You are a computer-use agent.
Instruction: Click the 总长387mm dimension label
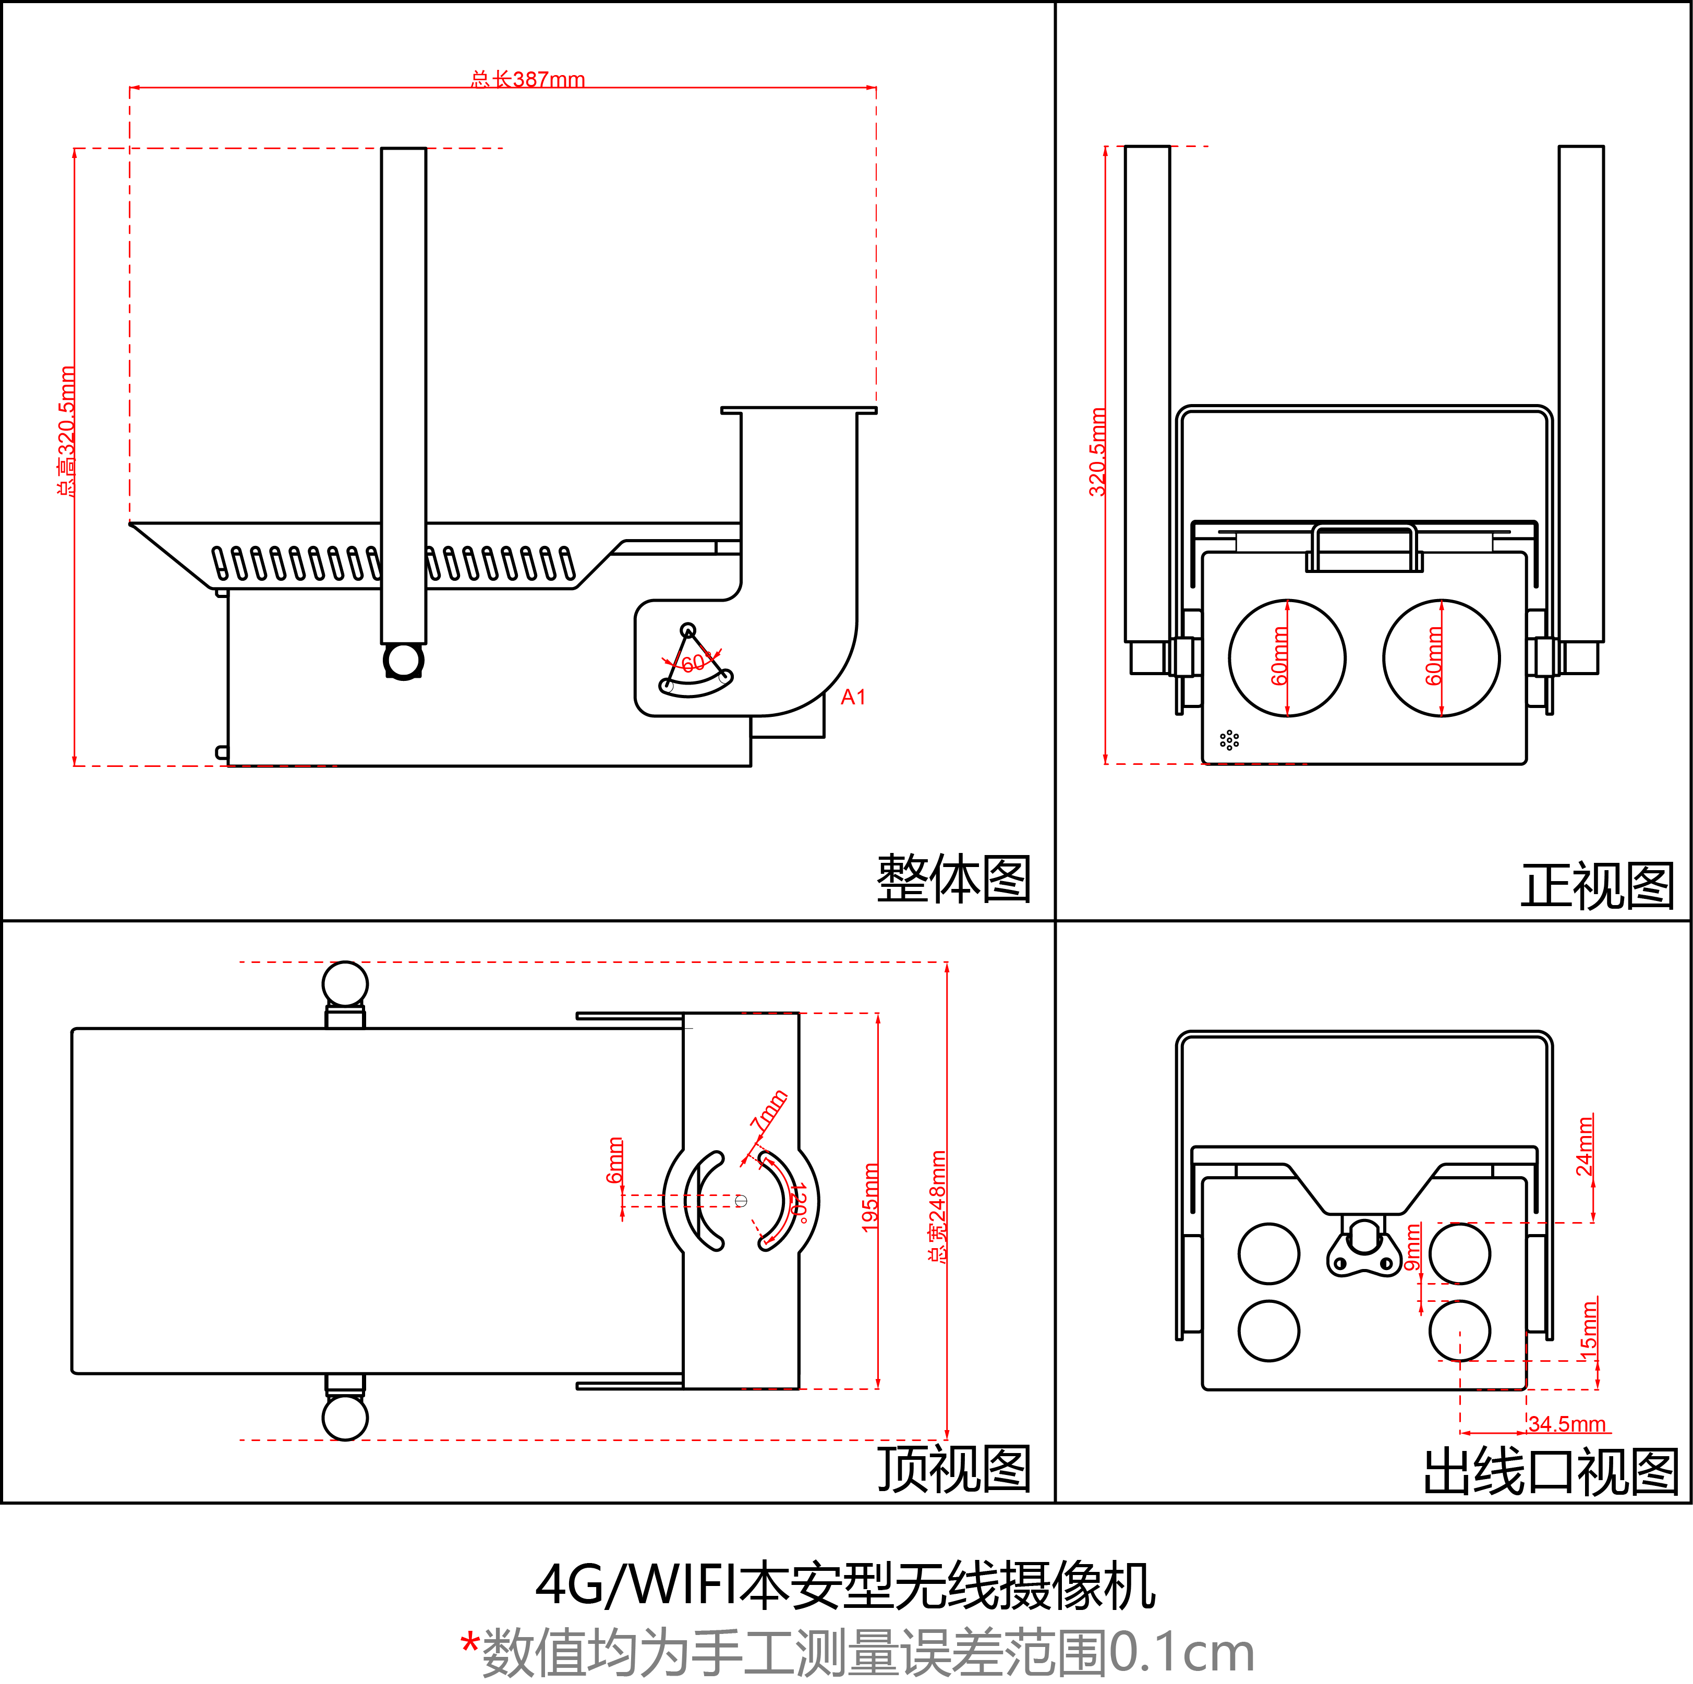[x=527, y=80]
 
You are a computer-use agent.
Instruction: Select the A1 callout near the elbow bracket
[x=853, y=698]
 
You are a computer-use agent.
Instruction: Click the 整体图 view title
[x=953, y=879]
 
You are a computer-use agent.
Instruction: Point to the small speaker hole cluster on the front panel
[x=1229, y=740]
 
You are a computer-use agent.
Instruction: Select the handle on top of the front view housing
[x=1363, y=547]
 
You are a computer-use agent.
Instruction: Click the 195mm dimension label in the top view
[x=870, y=1197]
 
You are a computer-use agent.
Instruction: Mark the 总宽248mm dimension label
[x=938, y=1206]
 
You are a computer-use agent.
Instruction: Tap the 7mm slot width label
[x=768, y=1111]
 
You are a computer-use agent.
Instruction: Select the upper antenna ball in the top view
[x=345, y=983]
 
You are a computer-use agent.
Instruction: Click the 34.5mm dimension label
[x=1567, y=1424]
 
